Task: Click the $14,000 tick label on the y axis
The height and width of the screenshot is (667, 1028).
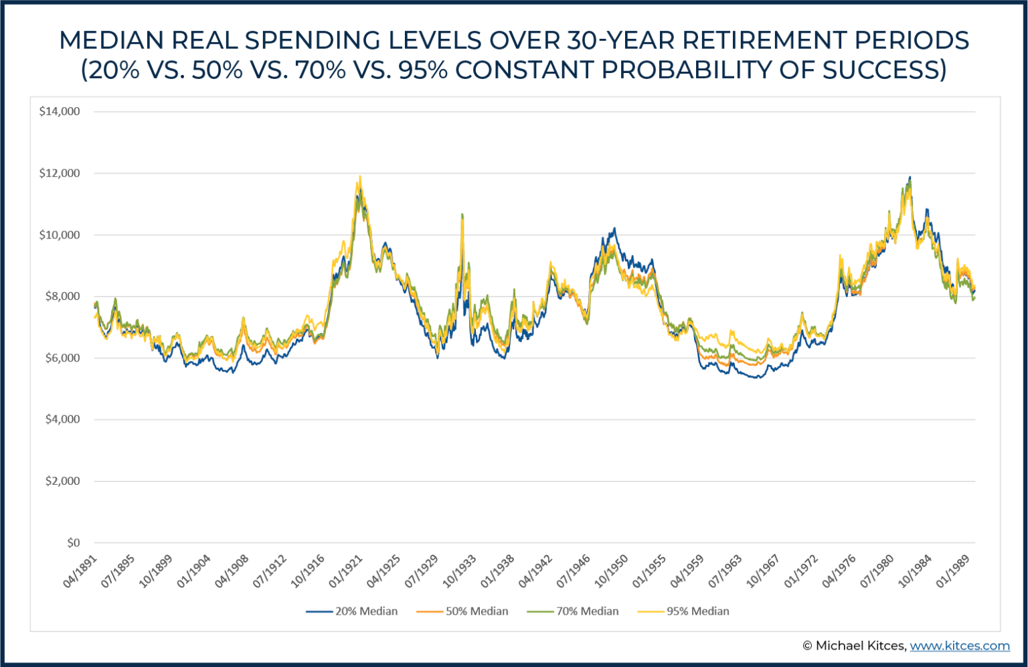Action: [60, 112]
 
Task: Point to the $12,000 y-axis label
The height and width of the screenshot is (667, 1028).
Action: [60, 173]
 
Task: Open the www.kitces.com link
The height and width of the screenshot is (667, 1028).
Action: [959, 646]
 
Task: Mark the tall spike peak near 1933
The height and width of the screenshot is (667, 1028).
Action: [462, 214]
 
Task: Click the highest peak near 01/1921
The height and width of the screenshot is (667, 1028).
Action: [360, 177]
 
